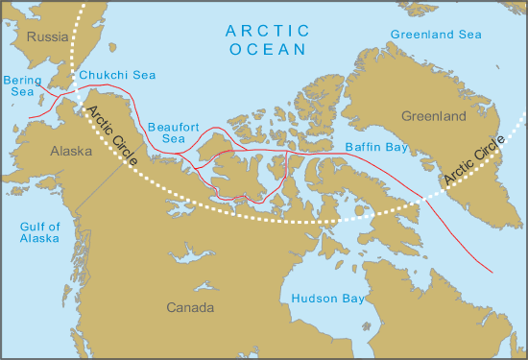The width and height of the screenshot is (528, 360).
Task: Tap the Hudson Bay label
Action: pyautogui.click(x=327, y=299)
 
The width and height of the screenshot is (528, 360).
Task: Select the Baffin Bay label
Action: pyautogui.click(x=375, y=148)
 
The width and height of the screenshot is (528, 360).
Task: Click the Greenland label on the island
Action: pyautogui.click(x=433, y=116)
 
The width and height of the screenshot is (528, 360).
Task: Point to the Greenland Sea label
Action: pyautogui.click(x=436, y=36)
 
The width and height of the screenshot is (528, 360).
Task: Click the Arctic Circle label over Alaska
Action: pyautogui.click(x=111, y=133)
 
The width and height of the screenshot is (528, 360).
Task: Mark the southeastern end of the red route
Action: pyautogui.click(x=492, y=271)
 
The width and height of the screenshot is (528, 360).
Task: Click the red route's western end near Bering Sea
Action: pyautogui.click(x=29, y=118)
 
